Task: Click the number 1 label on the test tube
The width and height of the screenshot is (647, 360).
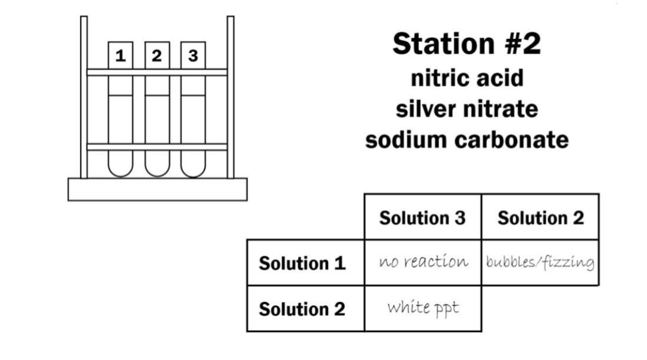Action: tap(121, 55)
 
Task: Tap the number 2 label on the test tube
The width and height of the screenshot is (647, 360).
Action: tap(157, 55)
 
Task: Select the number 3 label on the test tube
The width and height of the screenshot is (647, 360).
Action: tap(193, 55)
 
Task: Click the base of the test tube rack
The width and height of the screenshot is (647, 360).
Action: tap(157, 189)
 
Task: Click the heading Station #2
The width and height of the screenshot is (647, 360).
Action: tap(466, 44)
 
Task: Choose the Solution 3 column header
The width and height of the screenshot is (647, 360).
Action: tap(422, 217)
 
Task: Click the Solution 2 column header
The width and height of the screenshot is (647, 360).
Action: tap(540, 217)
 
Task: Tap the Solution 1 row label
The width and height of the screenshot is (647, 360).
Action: tap(302, 263)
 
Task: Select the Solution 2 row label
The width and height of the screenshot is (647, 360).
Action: tap(302, 309)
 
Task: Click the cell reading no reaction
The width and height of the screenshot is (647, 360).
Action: tap(423, 262)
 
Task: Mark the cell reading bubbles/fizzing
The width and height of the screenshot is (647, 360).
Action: tap(540, 262)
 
